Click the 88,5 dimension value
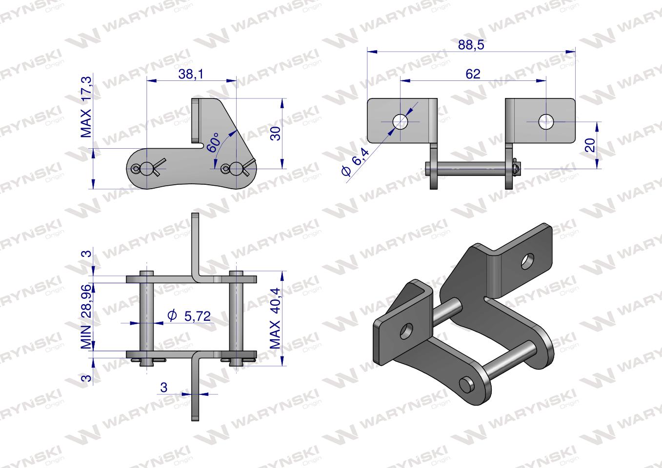(x=471, y=45)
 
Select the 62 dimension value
(x=473, y=74)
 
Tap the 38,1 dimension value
(x=191, y=75)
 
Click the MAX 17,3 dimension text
(x=86, y=107)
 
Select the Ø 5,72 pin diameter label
(x=189, y=316)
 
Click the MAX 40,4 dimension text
(x=275, y=318)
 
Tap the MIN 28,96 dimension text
(x=86, y=316)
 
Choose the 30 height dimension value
(x=276, y=134)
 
